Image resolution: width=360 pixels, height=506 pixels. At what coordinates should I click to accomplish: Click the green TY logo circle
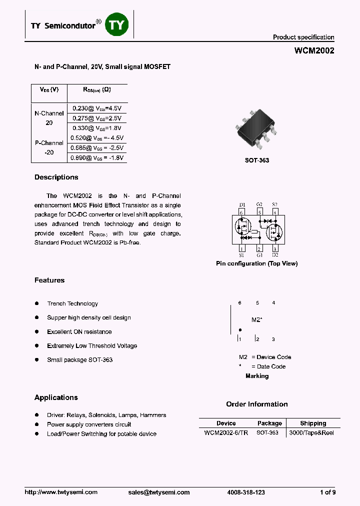[117, 24]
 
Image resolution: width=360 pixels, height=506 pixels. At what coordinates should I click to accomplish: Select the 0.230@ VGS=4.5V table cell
[97, 108]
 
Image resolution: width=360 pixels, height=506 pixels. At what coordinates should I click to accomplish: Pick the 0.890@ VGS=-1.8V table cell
[97, 157]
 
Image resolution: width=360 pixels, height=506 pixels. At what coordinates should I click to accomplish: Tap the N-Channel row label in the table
[49, 113]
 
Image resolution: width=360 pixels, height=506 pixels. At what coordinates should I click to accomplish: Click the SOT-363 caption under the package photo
[257, 160]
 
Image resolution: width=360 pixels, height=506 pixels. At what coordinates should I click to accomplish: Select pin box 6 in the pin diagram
[242, 212]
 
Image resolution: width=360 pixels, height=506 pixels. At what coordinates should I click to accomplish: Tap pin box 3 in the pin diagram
[275, 248]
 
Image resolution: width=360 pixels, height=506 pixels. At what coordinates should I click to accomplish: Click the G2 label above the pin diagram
[259, 204]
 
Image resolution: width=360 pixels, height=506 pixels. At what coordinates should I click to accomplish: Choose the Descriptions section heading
[56, 177]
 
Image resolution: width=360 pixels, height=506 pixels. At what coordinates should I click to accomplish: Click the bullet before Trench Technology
[37, 303]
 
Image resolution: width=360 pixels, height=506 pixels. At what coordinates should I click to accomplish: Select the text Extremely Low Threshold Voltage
[92, 346]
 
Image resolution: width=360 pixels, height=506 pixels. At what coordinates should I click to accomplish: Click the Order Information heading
[257, 404]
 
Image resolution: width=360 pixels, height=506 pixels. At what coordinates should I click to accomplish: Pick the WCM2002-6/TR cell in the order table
[226, 432]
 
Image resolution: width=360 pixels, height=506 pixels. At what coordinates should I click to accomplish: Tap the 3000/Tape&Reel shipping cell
[311, 432]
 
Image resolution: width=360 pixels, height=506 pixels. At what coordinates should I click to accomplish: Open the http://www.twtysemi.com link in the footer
[61, 492]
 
